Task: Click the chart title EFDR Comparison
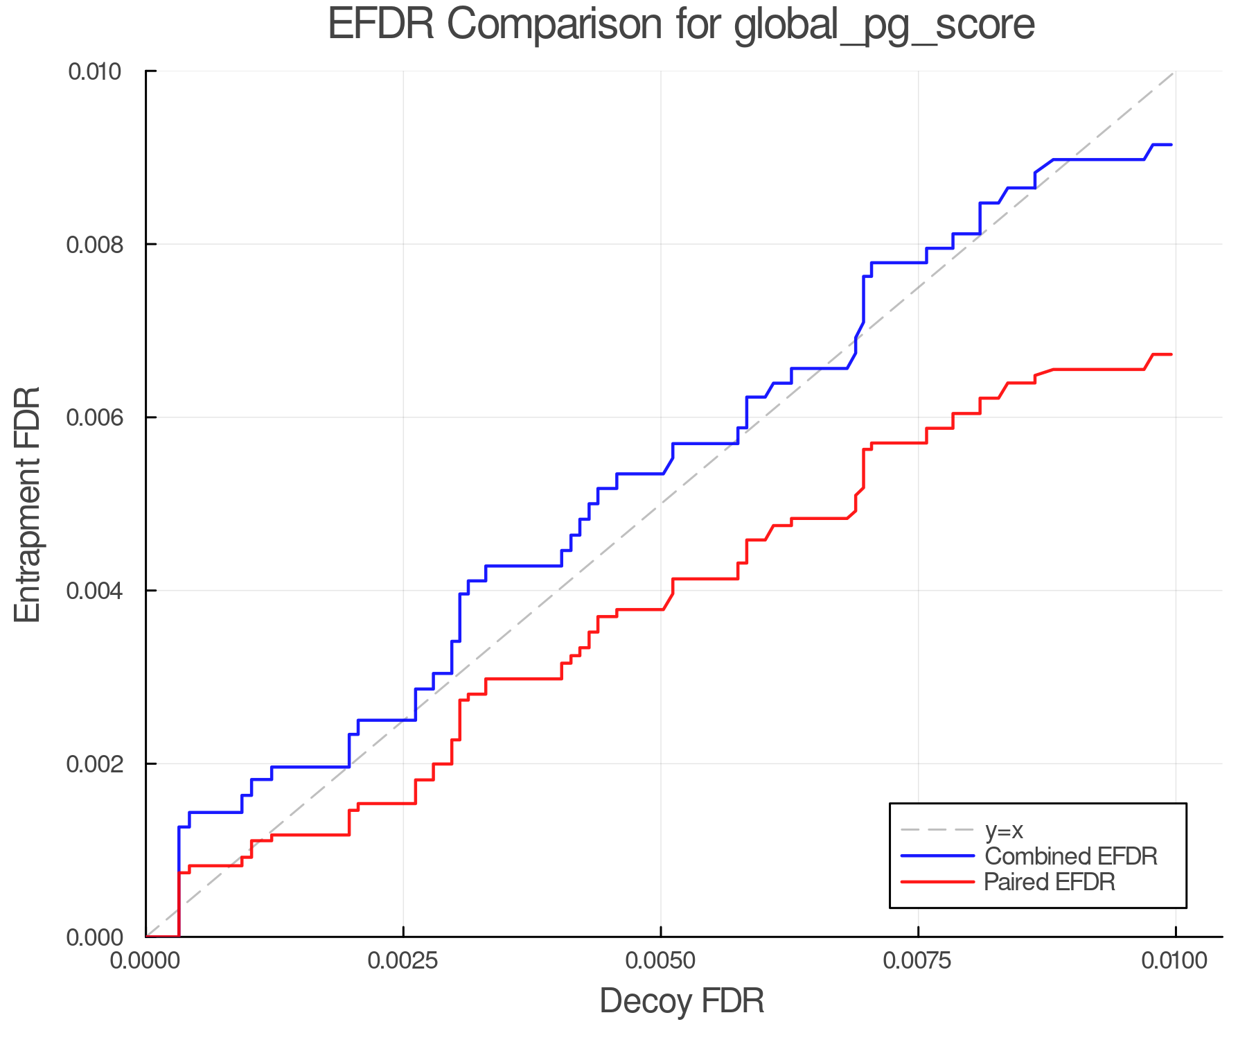[x=681, y=24]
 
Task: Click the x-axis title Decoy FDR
[x=682, y=1001]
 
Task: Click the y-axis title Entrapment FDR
[x=28, y=504]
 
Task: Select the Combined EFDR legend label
[x=1071, y=856]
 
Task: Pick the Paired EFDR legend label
[x=1050, y=882]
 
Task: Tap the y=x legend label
[x=1004, y=830]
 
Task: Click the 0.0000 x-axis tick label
[x=146, y=961]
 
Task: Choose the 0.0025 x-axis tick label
[x=403, y=961]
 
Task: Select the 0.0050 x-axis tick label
[x=661, y=961]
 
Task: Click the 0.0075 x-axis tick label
[x=918, y=961]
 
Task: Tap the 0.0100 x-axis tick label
[x=1176, y=961]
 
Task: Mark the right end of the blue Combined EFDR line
[x=1171, y=144]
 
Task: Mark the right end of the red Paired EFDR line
[x=1171, y=354]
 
